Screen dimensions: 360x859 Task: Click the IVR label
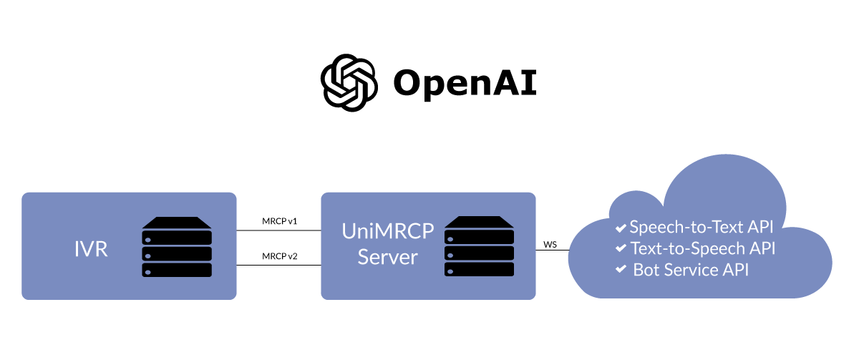(91, 250)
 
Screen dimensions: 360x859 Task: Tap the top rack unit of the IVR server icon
(177, 237)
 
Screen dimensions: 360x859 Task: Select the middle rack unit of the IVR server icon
(177, 253)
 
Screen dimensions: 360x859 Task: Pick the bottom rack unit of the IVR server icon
(177, 270)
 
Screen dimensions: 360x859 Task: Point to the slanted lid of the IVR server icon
(177, 223)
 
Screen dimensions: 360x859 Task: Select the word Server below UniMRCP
(387, 257)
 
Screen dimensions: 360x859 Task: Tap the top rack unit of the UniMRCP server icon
(479, 237)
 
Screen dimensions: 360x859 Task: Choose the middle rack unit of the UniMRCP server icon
(479, 253)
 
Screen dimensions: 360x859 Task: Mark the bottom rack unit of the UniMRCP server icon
(479, 270)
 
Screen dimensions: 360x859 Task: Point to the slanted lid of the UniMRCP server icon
(479, 223)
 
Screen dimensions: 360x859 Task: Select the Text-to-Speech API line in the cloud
(702, 248)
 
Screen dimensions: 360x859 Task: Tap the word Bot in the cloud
(646, 270)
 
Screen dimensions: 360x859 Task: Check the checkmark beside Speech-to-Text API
(621, 228)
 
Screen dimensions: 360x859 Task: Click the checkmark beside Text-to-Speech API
(621, 249)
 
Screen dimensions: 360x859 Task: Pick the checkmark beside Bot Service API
(621, 271)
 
